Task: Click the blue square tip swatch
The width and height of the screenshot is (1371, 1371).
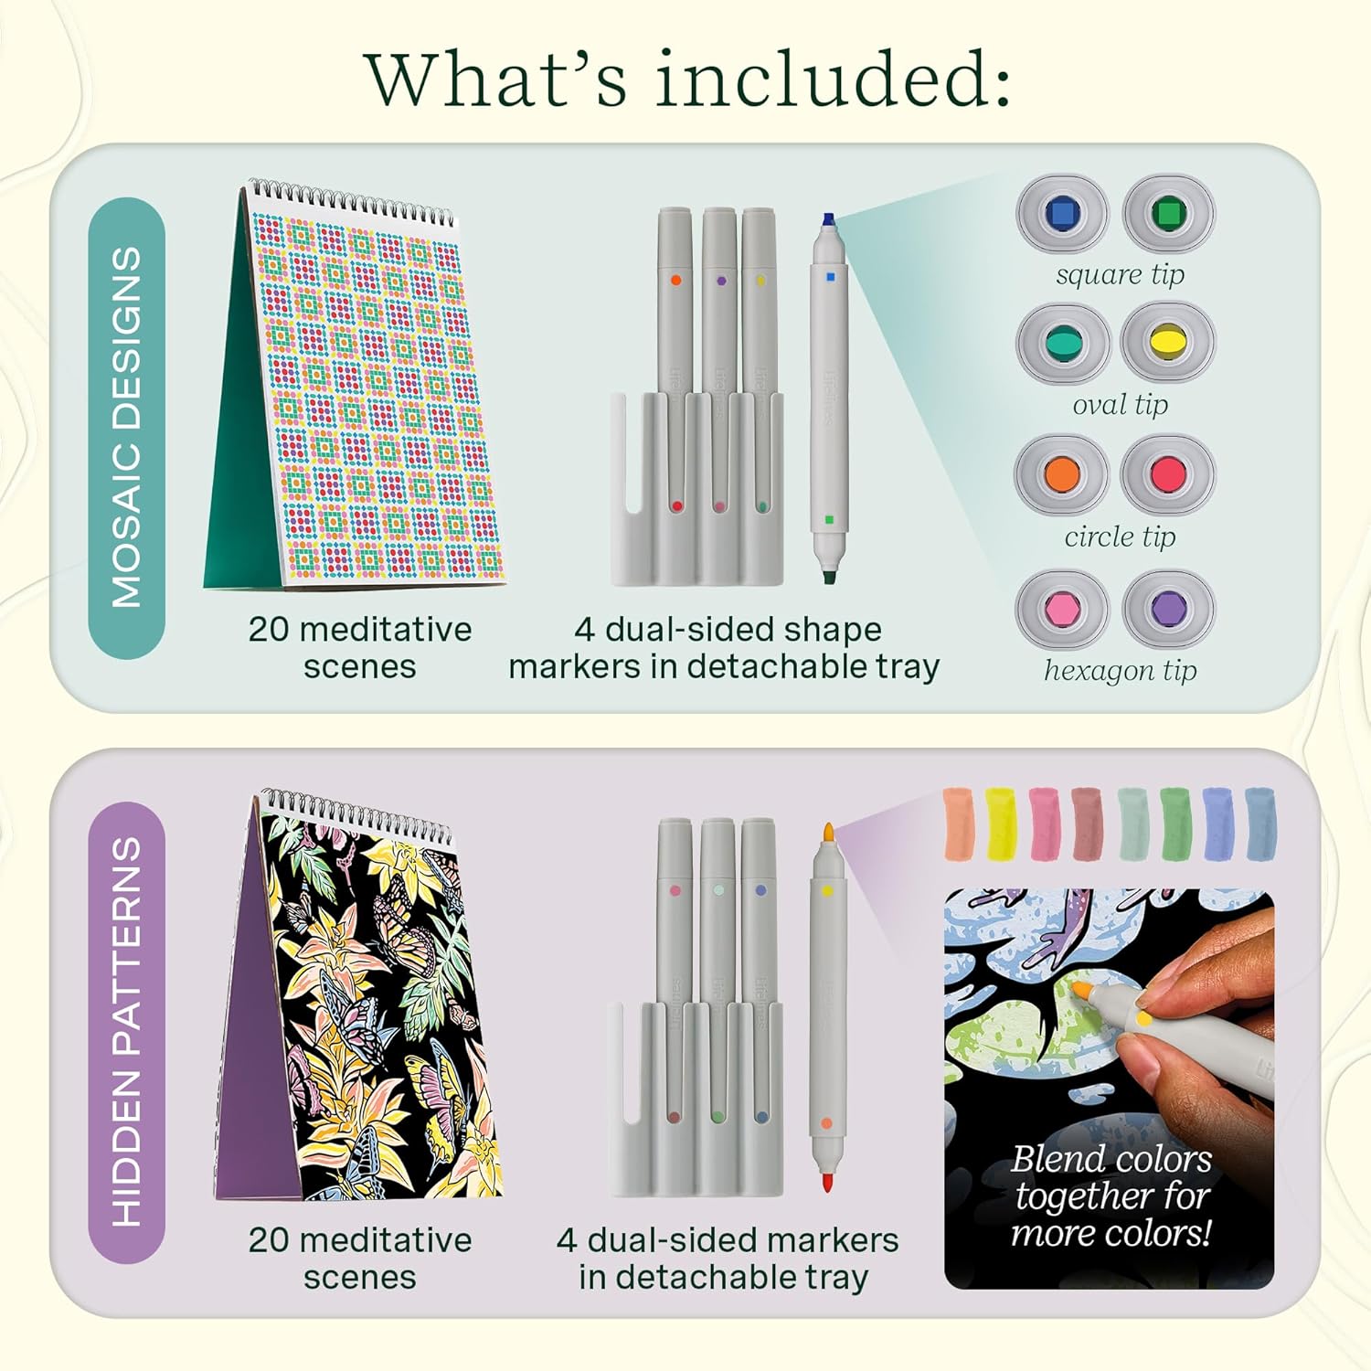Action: tap(1062, 214)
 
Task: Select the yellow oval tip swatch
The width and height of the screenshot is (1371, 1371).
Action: tap(1168, 343)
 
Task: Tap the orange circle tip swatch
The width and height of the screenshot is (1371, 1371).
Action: tap(1061, 473)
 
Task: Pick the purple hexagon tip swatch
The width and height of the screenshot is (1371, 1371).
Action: tap(1168, 610)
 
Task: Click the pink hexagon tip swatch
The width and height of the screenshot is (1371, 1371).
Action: tap(1061, 610)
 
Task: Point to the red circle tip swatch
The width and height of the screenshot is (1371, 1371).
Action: tap(1168, 473)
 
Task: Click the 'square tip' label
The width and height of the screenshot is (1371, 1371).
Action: tap(1120, 274)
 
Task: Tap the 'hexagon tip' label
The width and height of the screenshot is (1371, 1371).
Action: tap(1120, 670)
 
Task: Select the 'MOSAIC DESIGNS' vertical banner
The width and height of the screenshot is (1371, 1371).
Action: tap(126, 428)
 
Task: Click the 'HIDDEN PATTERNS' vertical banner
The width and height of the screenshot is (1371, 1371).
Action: tap(126, 1032)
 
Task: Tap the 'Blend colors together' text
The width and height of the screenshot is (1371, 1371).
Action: tap(1111, 1177)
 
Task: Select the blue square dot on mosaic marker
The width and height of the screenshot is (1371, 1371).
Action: tap(830, 276)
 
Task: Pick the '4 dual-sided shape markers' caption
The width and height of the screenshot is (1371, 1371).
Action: tap(725, 647)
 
